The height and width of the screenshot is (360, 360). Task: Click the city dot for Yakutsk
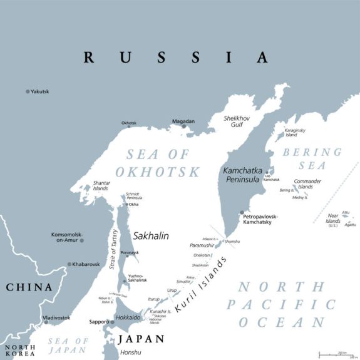pos(28,91)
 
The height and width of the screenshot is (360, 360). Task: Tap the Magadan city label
pos(183,121)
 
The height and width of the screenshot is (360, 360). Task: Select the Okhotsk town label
pos(128,123)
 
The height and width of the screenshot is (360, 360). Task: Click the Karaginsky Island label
pos(296,132)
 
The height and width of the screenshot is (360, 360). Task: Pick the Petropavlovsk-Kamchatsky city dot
pos(242,213)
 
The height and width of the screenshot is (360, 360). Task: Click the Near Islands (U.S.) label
pos(333,221)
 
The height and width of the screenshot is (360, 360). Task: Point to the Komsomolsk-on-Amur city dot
pos(81,240)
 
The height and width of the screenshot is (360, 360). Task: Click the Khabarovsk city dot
pos(69,265)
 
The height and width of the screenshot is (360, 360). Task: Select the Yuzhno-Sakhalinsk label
pos(137,278)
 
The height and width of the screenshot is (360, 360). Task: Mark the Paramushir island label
pos(202,245)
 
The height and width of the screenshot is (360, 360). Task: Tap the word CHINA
pos(29,287)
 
